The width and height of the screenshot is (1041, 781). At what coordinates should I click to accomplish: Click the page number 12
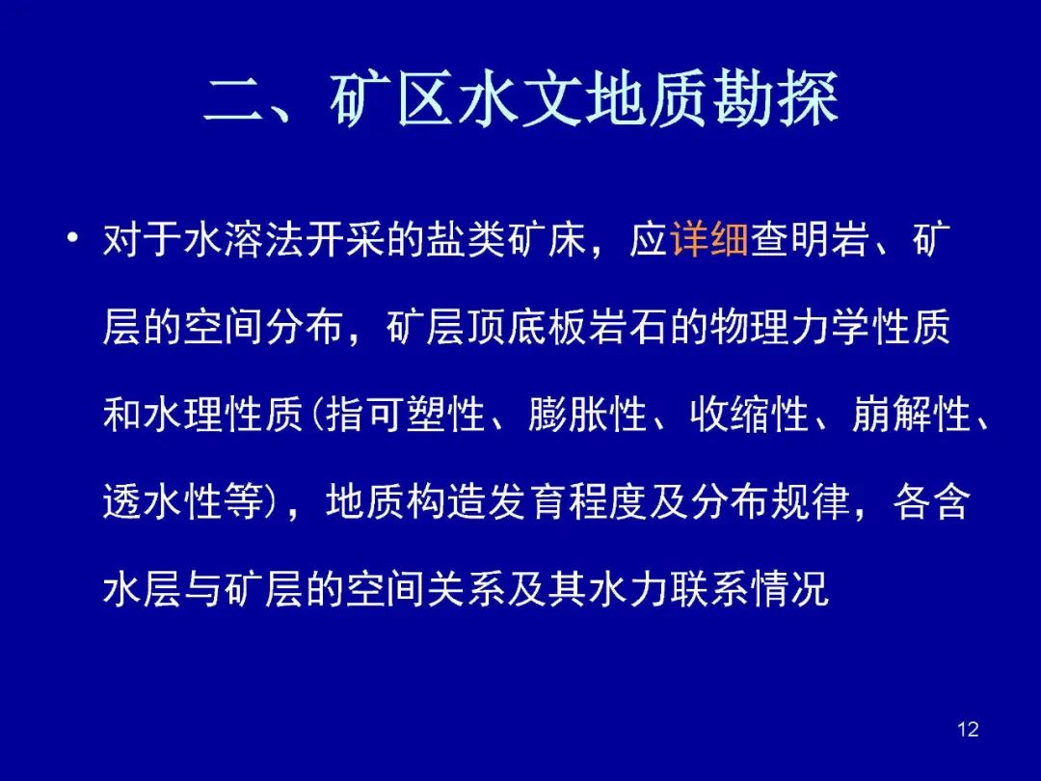[x=968, y=729]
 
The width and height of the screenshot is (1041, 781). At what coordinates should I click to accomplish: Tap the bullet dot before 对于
[x=72, y=237]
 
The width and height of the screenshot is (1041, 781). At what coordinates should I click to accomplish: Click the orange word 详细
[x=709, y=239]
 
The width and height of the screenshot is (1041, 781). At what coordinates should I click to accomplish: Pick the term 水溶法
[x=244, y=239]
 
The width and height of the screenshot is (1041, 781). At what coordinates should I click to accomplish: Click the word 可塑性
[x=425, y=415]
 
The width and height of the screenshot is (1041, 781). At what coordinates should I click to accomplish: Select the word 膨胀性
[x=588, y=415]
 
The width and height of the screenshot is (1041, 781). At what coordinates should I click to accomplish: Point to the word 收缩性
[x=750, y=415]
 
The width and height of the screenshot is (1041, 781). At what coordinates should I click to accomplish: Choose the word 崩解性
[x=912, y=415]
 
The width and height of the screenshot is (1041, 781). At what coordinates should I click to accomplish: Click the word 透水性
[x=163, y=502]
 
